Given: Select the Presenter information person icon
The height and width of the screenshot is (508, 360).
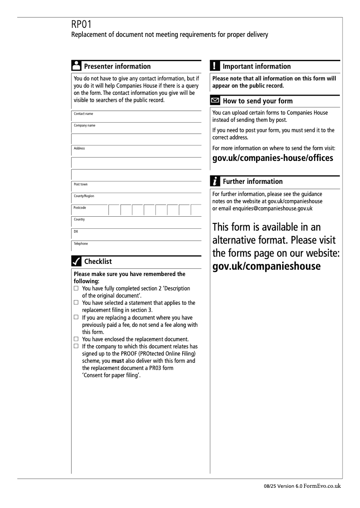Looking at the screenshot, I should (76, 66).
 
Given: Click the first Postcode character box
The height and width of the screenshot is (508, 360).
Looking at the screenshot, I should (114, 210).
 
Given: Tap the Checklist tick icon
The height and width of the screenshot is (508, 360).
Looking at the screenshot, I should (76, 261).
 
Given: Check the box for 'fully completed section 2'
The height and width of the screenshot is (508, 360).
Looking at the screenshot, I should (76, 288).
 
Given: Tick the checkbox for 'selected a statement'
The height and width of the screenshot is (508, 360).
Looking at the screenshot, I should (76, 303).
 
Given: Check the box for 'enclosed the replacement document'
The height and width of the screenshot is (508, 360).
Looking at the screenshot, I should (76, 339).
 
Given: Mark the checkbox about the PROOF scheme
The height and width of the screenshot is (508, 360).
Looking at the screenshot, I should (76, 346).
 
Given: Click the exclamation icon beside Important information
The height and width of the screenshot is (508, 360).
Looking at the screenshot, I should (215, 66).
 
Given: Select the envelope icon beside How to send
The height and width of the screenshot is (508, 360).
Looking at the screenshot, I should (215, 101).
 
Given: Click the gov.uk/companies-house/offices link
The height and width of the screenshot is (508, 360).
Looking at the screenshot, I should (273, 158).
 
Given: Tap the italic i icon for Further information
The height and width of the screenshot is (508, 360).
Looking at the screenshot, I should (215, 181).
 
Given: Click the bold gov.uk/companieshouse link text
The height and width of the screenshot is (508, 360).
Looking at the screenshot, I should (266, 266).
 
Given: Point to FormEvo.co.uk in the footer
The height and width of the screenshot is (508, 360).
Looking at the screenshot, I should (323, 486).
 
